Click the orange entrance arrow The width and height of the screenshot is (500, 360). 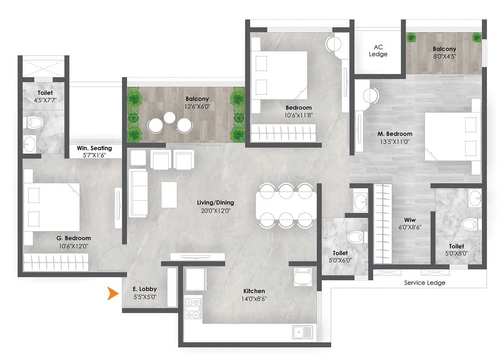112,293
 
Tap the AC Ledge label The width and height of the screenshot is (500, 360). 378,51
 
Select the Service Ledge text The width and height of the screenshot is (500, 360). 424,283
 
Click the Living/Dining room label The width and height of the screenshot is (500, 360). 215,203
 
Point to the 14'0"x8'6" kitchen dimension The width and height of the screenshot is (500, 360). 254,299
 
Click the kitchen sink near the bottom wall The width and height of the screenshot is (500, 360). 302,332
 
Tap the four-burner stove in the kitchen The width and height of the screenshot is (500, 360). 192,309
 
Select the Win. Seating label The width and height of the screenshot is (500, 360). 94,148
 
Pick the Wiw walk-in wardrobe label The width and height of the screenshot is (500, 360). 410,220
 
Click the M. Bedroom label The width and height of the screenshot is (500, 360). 395,134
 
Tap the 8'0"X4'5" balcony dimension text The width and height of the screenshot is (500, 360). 444,57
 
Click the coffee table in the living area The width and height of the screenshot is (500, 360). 169,195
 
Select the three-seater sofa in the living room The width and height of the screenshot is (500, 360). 138,193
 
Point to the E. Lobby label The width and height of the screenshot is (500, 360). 145,289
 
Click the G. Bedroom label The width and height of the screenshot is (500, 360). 73,238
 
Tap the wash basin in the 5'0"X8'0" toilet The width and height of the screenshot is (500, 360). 475,198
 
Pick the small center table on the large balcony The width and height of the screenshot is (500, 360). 170,118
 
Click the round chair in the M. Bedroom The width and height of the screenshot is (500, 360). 371,95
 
